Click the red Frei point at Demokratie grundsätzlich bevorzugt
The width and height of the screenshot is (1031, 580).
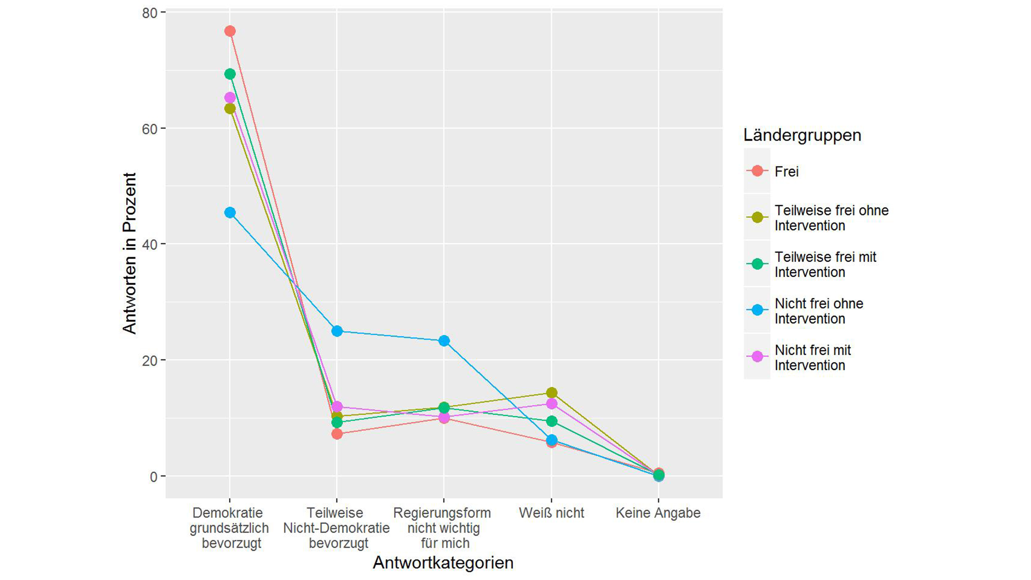[230, 31]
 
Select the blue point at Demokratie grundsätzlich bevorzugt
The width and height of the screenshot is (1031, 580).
[230, 213]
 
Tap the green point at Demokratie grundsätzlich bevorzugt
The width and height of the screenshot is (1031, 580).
[230, 74]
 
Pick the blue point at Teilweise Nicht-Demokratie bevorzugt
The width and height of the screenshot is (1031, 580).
[337, 331]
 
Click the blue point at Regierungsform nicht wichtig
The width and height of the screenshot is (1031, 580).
[444, 341]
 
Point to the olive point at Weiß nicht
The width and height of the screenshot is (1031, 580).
[552, 392]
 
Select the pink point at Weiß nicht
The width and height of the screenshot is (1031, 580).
[552, 404]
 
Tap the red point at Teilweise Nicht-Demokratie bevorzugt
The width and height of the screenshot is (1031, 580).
[337, 434]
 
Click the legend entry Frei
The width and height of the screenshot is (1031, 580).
[786, 171]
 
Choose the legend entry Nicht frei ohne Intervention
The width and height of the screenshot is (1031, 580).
[818, 311]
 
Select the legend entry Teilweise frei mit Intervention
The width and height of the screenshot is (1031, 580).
[825, 264]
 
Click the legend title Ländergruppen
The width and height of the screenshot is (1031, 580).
[802, 135]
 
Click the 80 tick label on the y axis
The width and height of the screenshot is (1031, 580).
[149, 13]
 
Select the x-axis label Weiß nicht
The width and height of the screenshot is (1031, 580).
[552, 513]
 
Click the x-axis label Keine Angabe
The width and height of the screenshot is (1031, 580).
[658, 513]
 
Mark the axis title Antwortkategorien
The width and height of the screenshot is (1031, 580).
[443, 562]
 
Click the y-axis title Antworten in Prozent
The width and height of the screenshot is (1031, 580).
[129, 253]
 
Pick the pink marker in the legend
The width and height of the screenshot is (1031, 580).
[757, 357]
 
